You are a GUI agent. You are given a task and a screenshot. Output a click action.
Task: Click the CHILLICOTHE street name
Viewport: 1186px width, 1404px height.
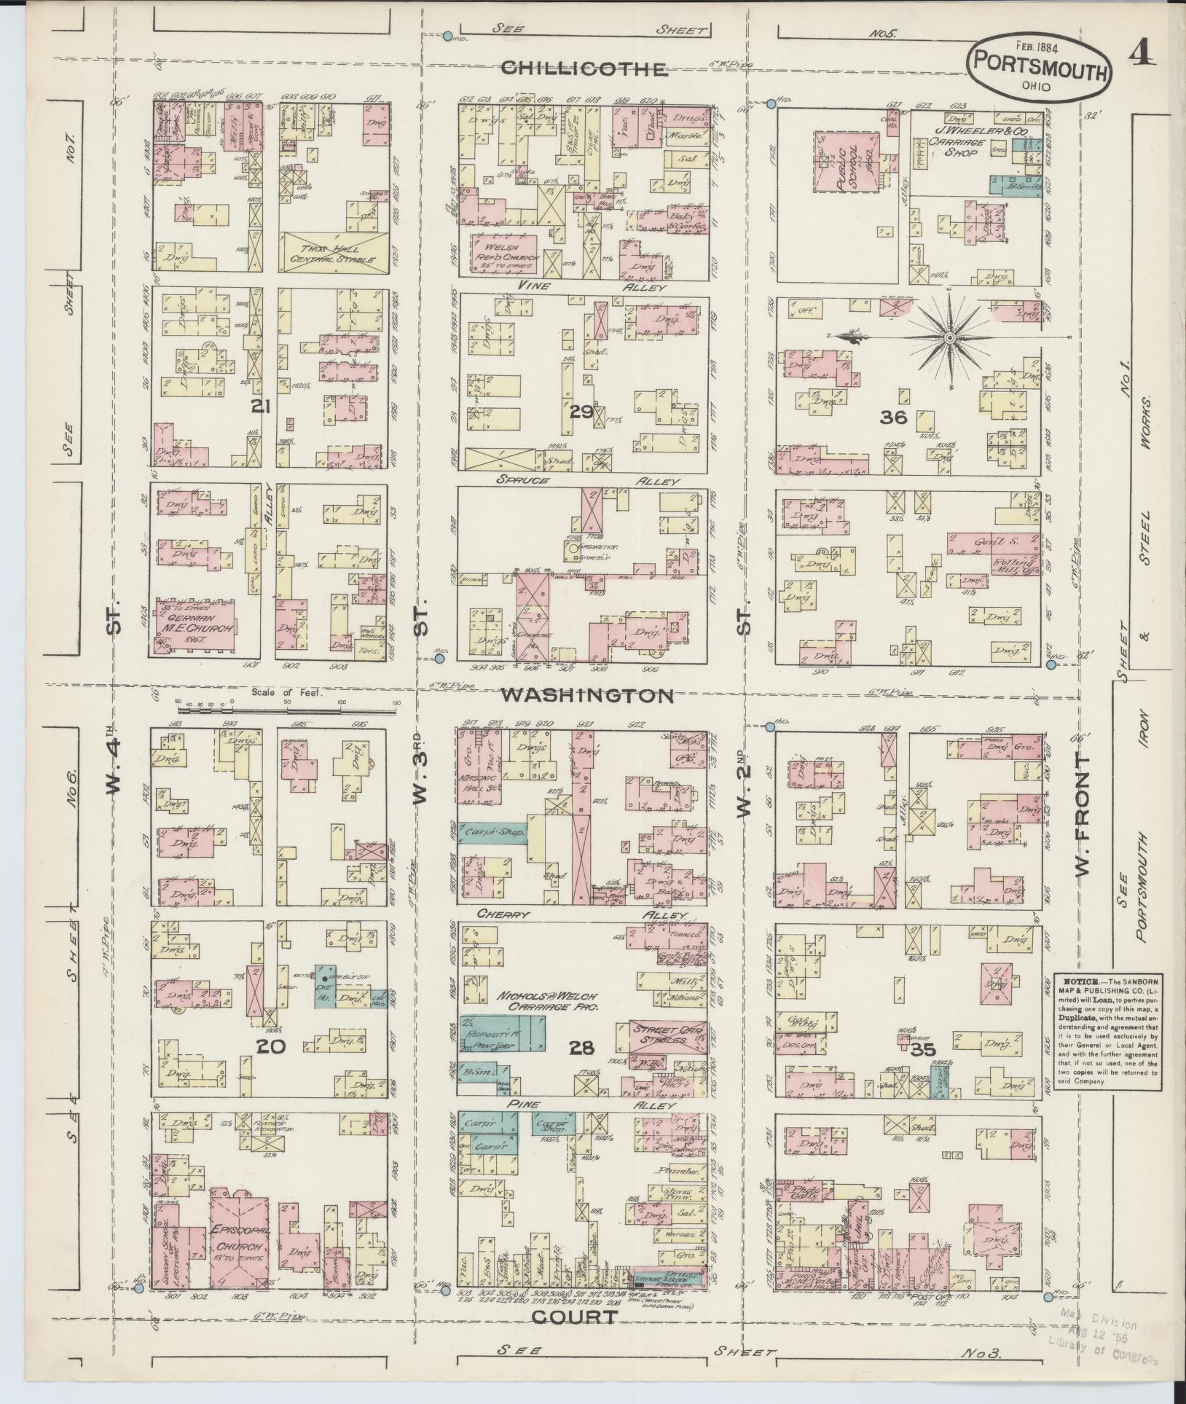[x=584, y=69]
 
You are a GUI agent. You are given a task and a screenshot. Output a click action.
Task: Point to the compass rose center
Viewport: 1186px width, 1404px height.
[x=950, y=339]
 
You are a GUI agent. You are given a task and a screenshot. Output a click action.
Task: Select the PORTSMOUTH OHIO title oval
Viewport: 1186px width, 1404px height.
[x=1040, y=68]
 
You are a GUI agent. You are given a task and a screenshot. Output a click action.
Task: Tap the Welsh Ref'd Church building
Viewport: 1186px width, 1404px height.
[x=506, y=252]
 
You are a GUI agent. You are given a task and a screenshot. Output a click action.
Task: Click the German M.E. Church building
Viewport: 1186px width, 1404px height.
[x=194, y=628]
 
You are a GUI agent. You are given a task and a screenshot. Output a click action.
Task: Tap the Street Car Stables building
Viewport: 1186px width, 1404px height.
[x=667, y=1035]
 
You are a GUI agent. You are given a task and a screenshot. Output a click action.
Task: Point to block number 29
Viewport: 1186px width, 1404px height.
[x=581, y=412]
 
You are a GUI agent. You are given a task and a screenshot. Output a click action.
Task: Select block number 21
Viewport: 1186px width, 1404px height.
[x=260, y=406]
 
